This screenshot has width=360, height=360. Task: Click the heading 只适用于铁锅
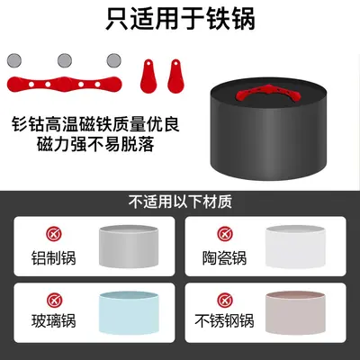coord(180,19)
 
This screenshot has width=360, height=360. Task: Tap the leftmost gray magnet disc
coord(14,60)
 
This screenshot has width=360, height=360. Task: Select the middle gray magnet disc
coord(65,60)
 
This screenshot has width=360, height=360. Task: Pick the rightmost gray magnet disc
coord(113,60)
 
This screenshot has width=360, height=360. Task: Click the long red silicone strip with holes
coord(64,85)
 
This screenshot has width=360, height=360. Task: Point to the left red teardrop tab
coord(148,76)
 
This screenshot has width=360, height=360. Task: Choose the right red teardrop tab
coord(175,76)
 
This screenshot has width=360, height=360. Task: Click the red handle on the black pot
coord(268,93)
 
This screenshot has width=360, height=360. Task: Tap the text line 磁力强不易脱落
coord(95,144)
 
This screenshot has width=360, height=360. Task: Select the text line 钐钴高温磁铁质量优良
coord(95,124)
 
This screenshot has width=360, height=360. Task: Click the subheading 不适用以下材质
coord(180,202)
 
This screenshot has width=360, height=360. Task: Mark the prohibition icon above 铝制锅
coord(54,234)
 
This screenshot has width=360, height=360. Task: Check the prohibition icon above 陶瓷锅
coord(225,234)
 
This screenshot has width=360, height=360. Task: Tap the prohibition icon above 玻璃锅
coord(54,300)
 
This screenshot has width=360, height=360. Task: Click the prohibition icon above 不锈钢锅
coord(225,300)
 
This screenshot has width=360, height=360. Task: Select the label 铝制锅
coord(54,258)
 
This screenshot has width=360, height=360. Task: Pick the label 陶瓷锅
coord(224,258)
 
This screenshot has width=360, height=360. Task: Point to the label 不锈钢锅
coord(224,321)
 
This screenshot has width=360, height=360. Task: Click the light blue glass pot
coord(129,313)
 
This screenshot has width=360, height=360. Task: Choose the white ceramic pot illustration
coord(295,247)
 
